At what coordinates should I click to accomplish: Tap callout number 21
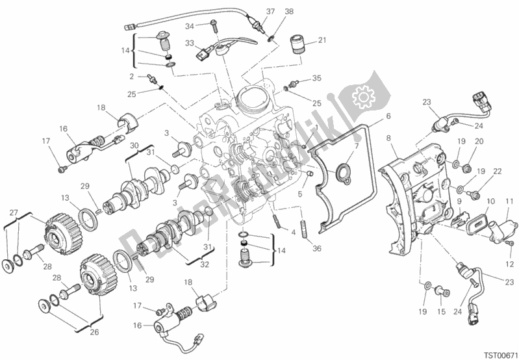coord(322,40)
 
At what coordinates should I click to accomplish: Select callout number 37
coord(253,11)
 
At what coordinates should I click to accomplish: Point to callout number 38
coord(272,11)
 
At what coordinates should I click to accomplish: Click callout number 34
coord(190,26)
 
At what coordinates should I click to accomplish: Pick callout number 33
coord(190,44)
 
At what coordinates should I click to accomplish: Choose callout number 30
coord(134,146)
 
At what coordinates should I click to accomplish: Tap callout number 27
coord(14,212)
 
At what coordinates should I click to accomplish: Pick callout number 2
coord(132,76)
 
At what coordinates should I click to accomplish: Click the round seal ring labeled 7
coord(339,172)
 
